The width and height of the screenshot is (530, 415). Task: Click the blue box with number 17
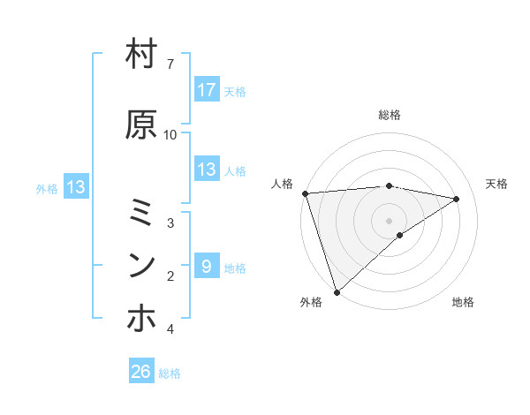click(206, 90)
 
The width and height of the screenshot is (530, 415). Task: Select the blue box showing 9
click(206, 267)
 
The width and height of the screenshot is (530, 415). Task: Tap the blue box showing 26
click(141, 372)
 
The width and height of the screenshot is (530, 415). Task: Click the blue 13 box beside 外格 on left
click(75, 187)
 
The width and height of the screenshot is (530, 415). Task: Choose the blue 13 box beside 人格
click(206, 170)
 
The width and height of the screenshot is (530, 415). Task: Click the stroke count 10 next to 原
click(170, 134)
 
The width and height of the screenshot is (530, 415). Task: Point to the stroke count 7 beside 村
click(170, 64)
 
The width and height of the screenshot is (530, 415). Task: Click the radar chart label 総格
click(390, 115)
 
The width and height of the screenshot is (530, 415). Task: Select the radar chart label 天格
click(497, 184)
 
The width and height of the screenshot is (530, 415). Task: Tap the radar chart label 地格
click(463, 303)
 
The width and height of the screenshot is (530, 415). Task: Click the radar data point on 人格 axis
click(305, 193)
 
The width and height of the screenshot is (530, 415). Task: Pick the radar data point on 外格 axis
click(336, 291)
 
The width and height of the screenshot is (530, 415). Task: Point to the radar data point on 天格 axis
click(457, 199)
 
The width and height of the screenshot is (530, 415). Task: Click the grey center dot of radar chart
click(390, 220)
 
